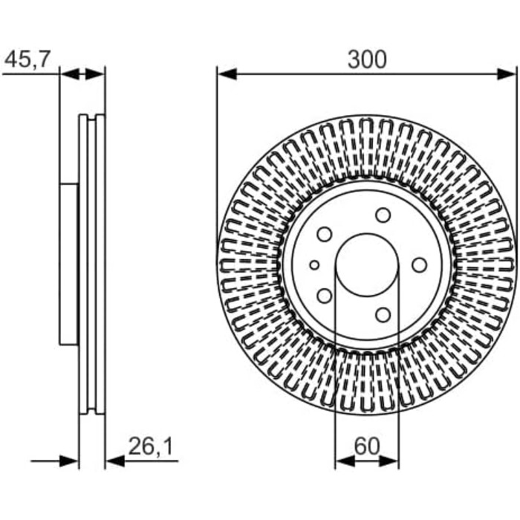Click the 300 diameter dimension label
point(367,59)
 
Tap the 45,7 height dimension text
point(27,59)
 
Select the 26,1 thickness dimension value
point(151,446)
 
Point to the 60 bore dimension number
point(367,446)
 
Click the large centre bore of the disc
point(367,265)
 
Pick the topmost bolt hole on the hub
point(383,215)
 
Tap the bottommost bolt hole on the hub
point(383,315)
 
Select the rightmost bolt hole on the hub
point(420,265)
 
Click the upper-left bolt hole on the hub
point(325,235)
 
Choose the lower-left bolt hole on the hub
point(325,296)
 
